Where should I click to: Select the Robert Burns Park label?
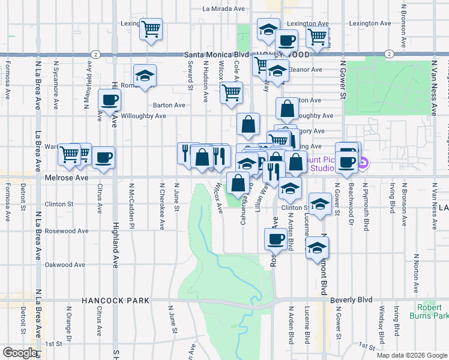tap(429, 311)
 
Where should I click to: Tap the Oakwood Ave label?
tap(65, 265)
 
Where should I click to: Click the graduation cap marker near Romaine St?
tap(145, 76)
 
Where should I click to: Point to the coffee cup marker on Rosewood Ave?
tap(276, 238)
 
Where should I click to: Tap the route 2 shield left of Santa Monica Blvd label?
tap(96, 54)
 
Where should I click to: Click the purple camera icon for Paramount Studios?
tap(363, 163)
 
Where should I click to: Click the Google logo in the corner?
tap(20, 353)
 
